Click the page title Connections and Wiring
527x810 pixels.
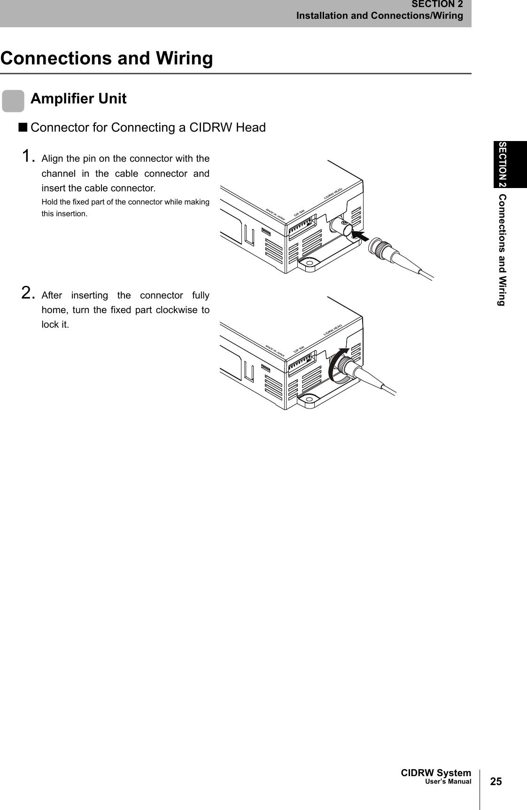click(x=107, y=59)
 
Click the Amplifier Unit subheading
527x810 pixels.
click(x=78, y=99)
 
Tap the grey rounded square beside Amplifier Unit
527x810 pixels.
click(x=13, y=102)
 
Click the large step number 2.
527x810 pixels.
click(x=29, y=294)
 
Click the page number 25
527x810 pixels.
click(x=496, y=782)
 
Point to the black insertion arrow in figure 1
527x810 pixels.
click(x=360, y=235)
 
